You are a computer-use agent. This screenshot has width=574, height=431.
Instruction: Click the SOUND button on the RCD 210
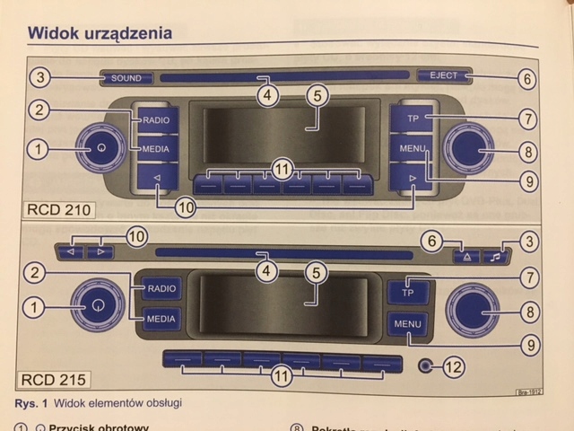pyautogui.click(x=126, y=79)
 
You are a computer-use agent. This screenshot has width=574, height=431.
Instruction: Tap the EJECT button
pyautogui.click(x=442, y=77)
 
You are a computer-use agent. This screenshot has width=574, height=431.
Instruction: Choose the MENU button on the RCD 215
pyautogui.click(x=408, y=323)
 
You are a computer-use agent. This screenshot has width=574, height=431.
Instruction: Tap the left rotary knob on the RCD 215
pyautogui.click(x=99, y=304)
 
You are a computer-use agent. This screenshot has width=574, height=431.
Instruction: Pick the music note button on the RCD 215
pyautogui.click(x=494, y=256)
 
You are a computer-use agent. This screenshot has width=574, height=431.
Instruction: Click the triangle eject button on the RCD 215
pyautogui.click(x=466, y=256)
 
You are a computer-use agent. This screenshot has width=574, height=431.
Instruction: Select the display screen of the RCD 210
pyautogui.click(x=283, y=135)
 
